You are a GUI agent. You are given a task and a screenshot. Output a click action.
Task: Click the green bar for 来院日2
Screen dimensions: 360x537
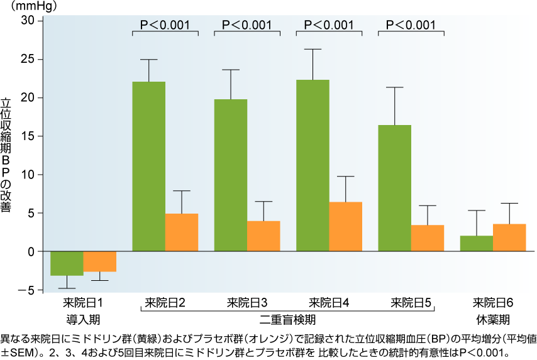coord(149,166)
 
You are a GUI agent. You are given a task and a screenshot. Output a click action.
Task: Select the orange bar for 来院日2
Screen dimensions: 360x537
coord(182,232)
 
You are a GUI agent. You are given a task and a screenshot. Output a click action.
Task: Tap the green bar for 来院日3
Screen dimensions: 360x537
coord(231,175)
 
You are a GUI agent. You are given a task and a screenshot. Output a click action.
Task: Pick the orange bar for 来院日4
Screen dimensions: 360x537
coord(345,227)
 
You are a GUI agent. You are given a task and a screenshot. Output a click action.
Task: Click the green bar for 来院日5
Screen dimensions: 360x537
coord(395,188)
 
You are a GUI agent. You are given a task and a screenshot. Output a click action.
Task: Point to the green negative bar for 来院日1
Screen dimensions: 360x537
coord(67,263)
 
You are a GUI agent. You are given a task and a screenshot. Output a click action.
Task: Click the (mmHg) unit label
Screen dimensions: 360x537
coord(24,6)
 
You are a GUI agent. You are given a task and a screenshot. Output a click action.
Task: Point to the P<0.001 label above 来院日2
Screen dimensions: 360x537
coord(165,25)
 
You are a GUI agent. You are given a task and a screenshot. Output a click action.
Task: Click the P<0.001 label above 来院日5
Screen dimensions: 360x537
coord(411,25)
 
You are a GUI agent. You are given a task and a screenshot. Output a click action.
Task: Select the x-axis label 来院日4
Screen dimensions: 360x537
coord(329,303)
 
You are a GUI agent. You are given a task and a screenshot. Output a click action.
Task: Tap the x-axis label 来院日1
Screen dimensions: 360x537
coord(82,303)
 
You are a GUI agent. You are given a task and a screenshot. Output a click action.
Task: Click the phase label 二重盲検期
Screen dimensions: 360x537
coord(288,319)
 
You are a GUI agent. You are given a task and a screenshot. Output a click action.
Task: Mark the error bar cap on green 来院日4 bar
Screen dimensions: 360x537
coord(313,49)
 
